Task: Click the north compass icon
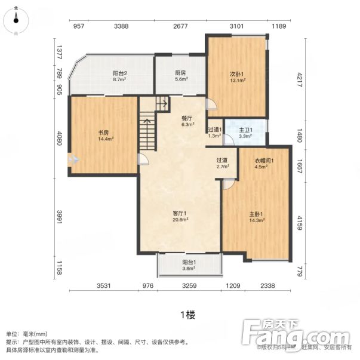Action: coord(16,18)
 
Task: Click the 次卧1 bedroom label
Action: coord(237,74)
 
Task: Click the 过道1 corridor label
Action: coord(215,130)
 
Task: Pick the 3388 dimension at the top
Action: coord(121,26)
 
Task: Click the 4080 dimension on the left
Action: coord(59,141)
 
